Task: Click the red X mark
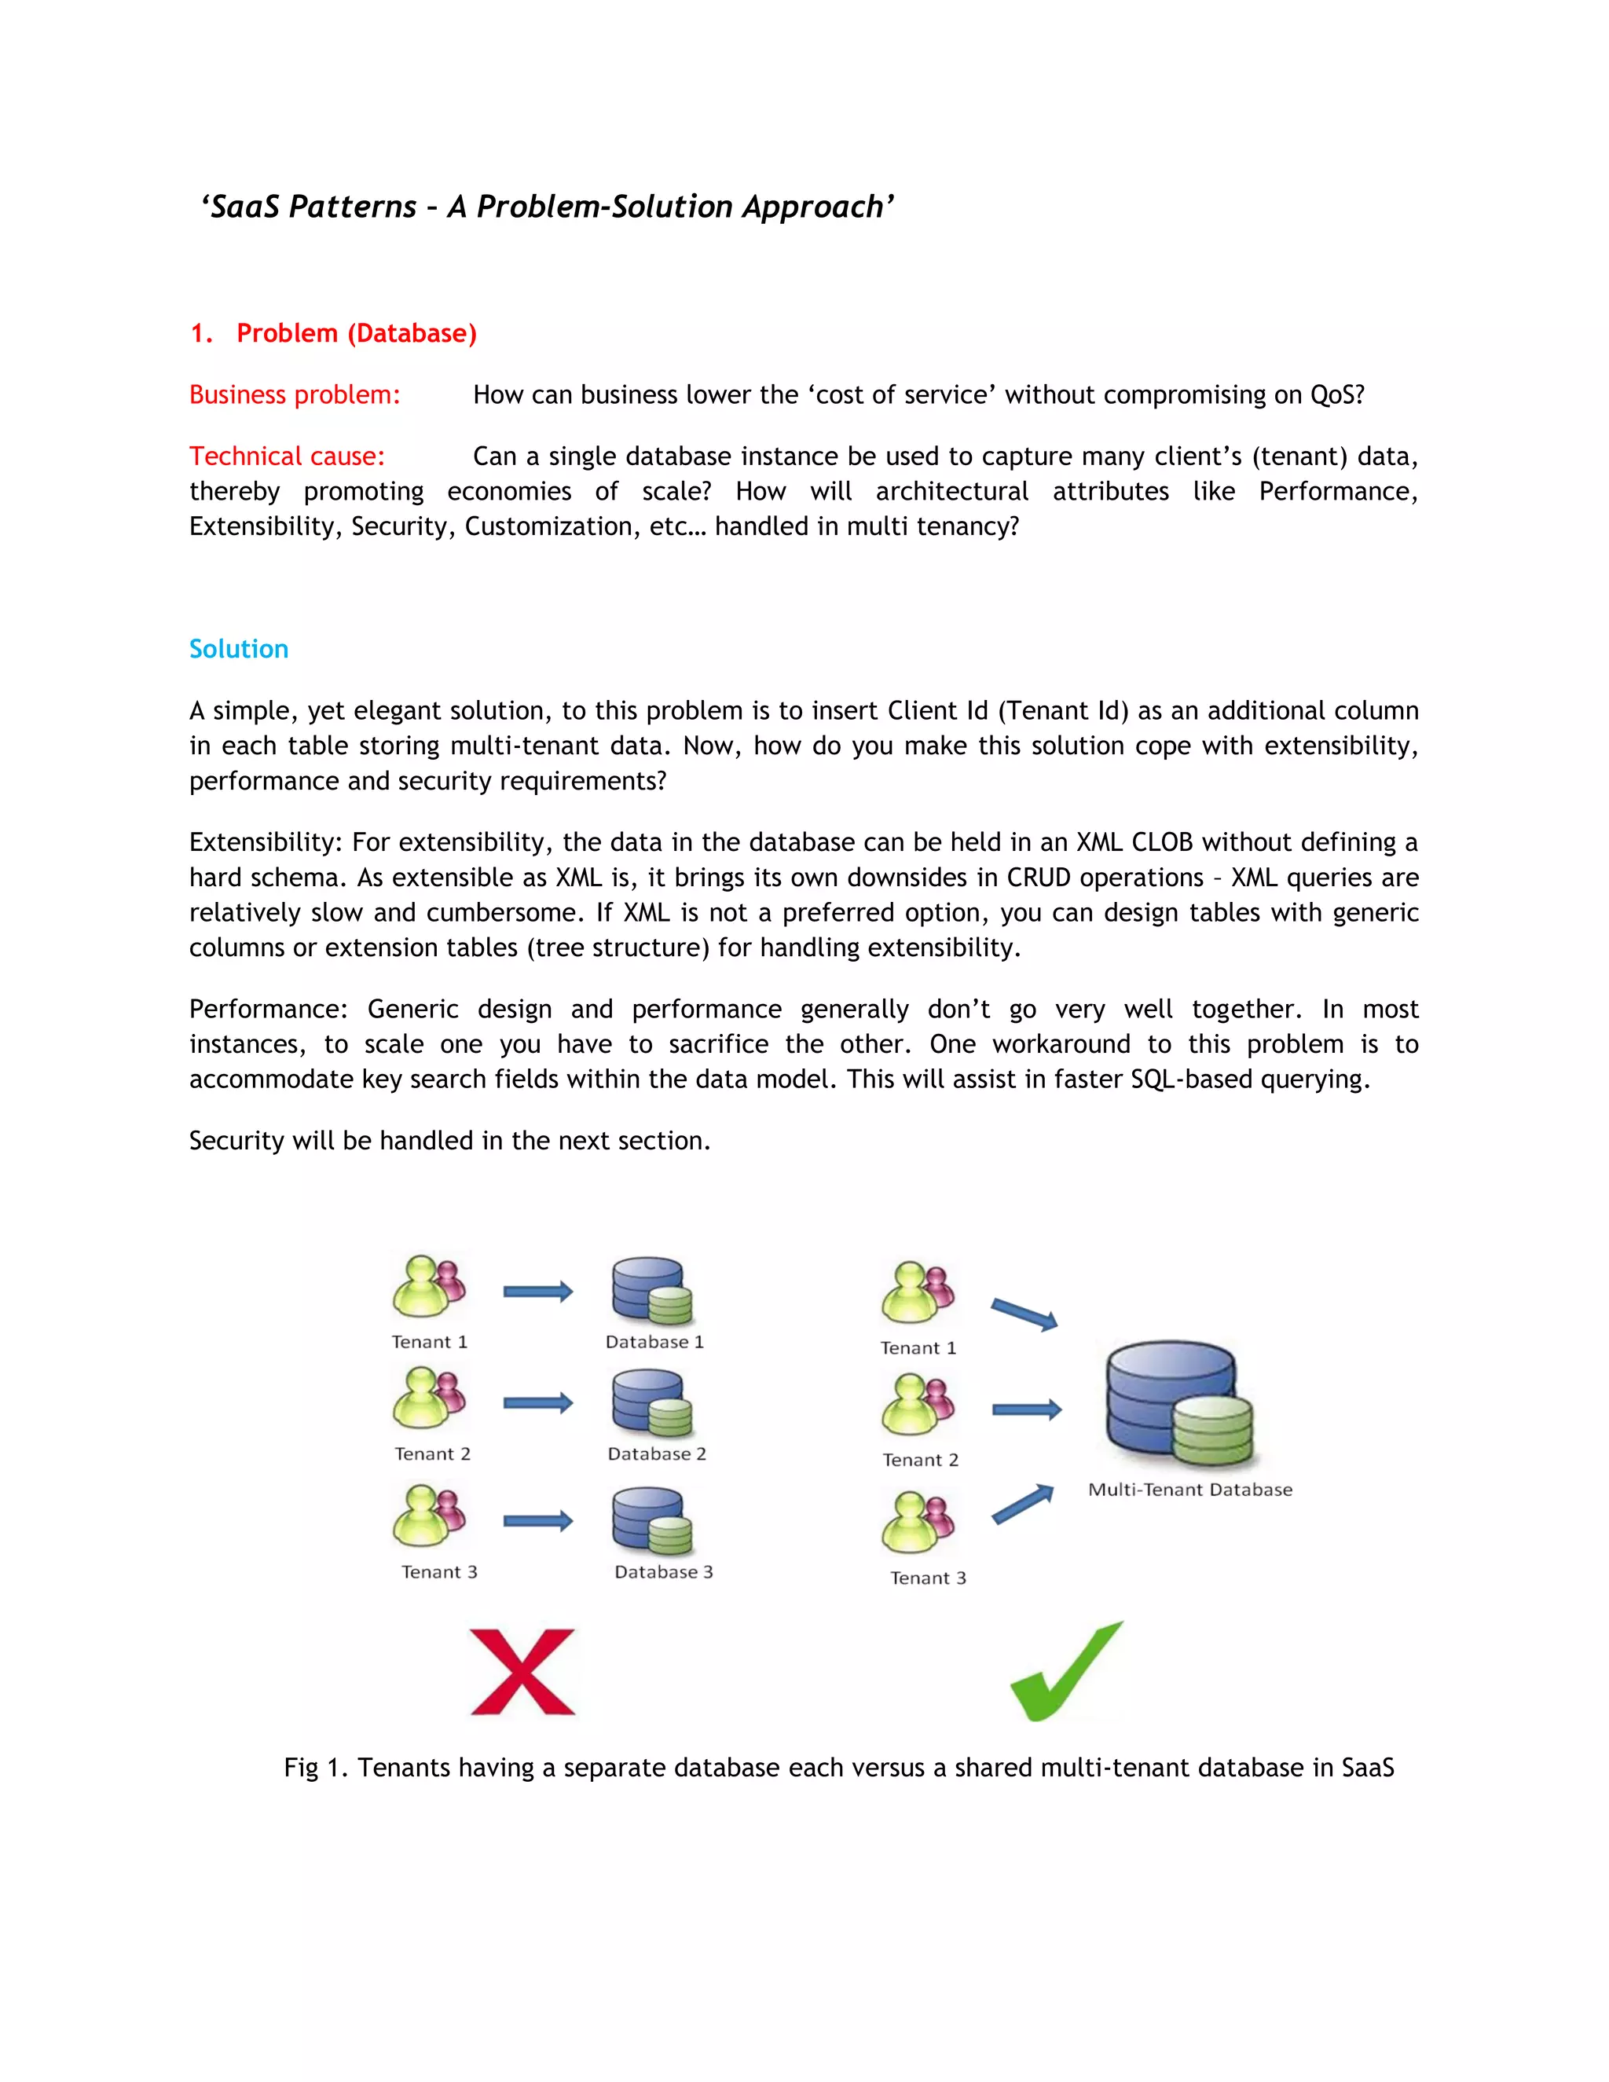(522, 1671)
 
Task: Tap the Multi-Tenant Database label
(1189, 1490)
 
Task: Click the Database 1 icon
(652, 1292)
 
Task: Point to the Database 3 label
(663, 1572)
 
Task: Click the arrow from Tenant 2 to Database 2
(537, 1402)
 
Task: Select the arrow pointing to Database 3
(537, 1520)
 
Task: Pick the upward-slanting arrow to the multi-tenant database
(1023, 1505)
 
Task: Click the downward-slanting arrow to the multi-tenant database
(1024, 1314)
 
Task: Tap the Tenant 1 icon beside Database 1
(429, 1287)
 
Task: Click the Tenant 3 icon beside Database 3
(429, 1516)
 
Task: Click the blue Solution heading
(238, 649)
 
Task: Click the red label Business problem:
(295, 394)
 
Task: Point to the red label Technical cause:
(287, 456)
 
